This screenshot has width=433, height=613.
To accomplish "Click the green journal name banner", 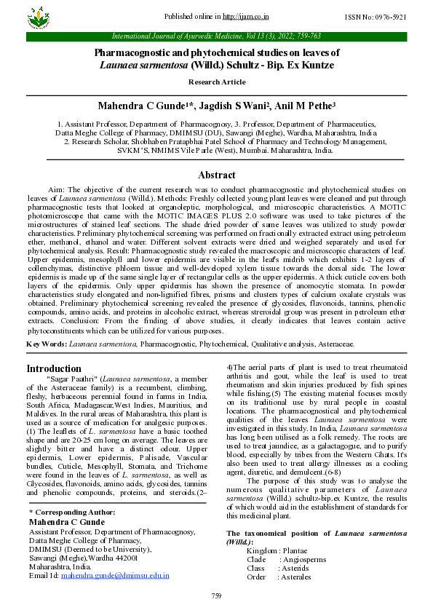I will point(216,36).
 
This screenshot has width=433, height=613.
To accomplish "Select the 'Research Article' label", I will point(216,82).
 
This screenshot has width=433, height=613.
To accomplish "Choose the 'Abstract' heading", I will point(216,175).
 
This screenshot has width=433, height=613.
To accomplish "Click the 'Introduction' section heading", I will point(54,368).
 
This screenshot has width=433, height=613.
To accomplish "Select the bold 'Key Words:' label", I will point(44,342).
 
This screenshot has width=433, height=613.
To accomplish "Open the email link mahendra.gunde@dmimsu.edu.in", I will point(115,575).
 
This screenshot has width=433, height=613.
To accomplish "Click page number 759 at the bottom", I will point(216,596).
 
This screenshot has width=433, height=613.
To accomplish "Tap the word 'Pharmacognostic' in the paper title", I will point(136,53).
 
